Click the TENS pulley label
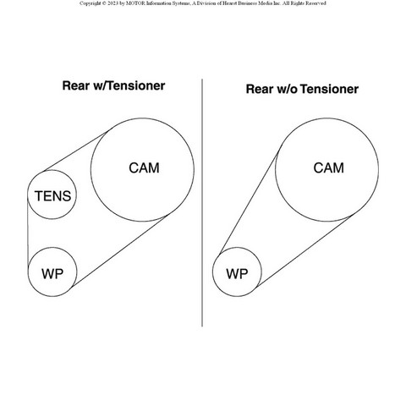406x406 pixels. pos(52,196)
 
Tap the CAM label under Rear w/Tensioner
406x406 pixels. pos(144,168)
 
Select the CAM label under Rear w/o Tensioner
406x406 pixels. pos(328,168)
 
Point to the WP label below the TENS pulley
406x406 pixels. pos(52,274)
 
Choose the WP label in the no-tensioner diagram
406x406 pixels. pos(237,274)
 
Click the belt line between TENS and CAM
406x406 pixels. pos(75,151)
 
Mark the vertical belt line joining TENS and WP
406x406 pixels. pos(28,231)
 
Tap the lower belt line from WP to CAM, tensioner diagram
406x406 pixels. pos(119,251)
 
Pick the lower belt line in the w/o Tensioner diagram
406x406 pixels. pos(304,251)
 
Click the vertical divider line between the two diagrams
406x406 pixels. pos(202,203)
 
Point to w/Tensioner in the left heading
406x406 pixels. pos(129,85)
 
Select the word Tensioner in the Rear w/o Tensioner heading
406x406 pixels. pos(329,89)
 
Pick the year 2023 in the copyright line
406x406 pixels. pos(113,3)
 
